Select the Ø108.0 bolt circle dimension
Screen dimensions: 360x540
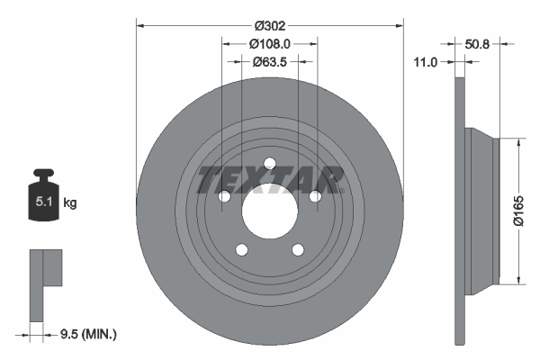point(269,44)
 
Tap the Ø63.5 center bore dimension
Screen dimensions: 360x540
point(269,62)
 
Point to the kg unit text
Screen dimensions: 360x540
point(70,204)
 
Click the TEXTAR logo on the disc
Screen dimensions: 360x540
point(270,179)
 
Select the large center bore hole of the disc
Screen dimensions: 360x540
point(268,211)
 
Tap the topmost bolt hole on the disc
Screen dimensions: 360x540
point(269,163)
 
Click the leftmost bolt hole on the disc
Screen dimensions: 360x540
point(222,196)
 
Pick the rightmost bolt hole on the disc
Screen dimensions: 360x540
point(315,196)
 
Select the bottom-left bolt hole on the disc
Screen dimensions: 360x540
point(240,251)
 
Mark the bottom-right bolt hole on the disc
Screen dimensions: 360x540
point(297,251)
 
